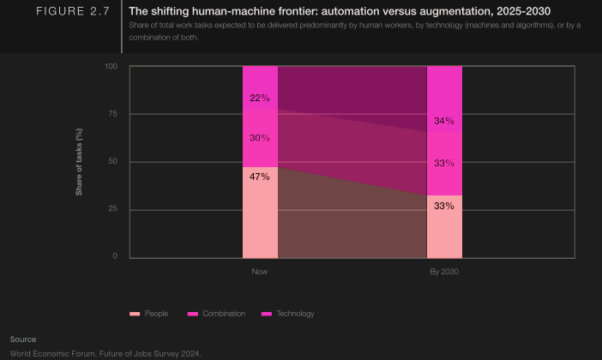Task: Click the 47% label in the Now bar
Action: (260, 177)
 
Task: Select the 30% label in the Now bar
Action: (260, 138)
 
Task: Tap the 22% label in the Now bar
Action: (260, 98)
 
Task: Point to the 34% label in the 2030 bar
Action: (444, 121)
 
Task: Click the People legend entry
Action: (149, 314)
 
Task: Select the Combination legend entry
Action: (218, 314)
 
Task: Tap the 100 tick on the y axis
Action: (111, 66)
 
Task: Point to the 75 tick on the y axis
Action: (112, 114)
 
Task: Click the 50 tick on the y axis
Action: (112, 162)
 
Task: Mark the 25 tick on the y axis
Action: (112, 209)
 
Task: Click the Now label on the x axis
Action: (260, 272)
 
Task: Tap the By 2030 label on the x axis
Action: (444, 272)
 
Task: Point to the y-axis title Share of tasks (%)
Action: (79, 161)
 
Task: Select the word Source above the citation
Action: (23, 339)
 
